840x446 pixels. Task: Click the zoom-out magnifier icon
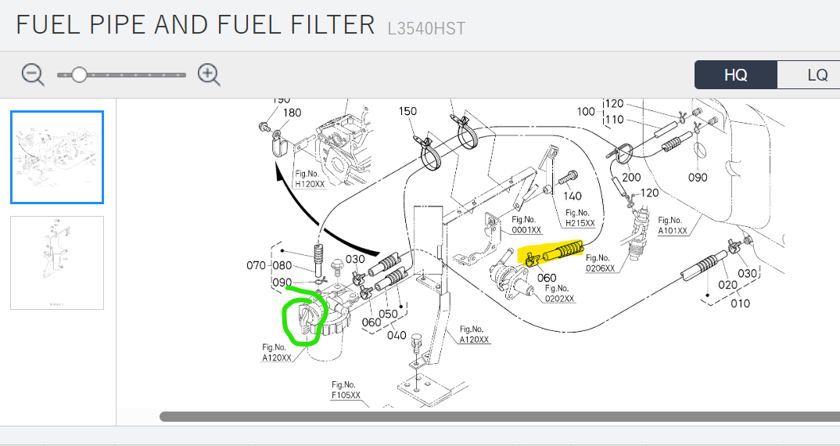tap(33, 74)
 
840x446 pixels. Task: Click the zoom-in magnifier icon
tap(209, 74)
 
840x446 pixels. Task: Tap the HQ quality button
tap(735, 75)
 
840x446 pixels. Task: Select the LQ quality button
tap(817, 75)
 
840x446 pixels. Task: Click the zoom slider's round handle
tap(79, 74)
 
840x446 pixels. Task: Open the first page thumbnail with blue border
tap(57, 157)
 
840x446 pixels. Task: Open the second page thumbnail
tap(57, 262)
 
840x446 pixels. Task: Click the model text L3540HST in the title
tap(426, 29)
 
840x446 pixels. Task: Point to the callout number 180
tap(292, 113)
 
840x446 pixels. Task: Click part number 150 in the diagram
tap(407, 111)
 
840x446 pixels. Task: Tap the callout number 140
tap(572, 196)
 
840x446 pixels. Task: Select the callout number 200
tap(630, 177)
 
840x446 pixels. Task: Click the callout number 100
tap(586, 111)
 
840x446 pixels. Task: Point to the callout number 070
tap(257, 265)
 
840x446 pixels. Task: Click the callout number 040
tap(397, 336)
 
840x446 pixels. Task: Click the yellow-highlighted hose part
tap(557, 253)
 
